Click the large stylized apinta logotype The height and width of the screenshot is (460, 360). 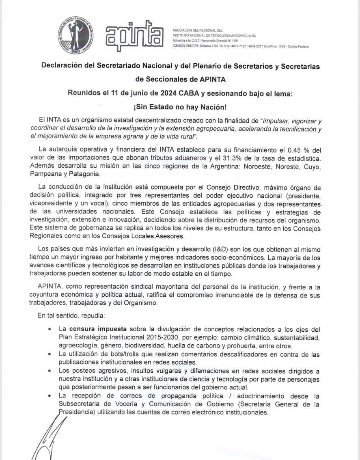(x=134, y=37)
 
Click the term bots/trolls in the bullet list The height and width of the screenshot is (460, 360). (x=112, y=354)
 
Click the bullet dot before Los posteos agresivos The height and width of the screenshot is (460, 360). (x=50, y=371)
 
